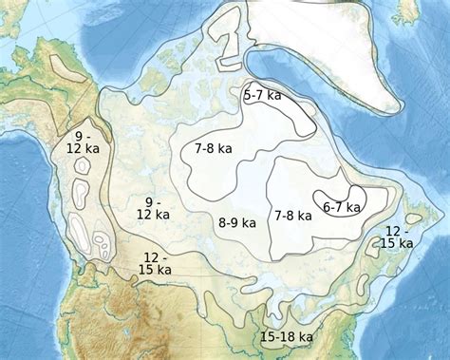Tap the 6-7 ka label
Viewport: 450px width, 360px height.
point(342,207)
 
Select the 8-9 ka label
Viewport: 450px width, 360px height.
point(237,223)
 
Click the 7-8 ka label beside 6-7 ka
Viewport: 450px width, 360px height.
point(293,216)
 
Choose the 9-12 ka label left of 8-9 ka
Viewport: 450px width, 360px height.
point(152,208)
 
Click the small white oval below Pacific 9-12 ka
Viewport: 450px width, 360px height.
point(83,166)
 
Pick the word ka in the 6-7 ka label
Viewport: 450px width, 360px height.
point(353,207)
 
